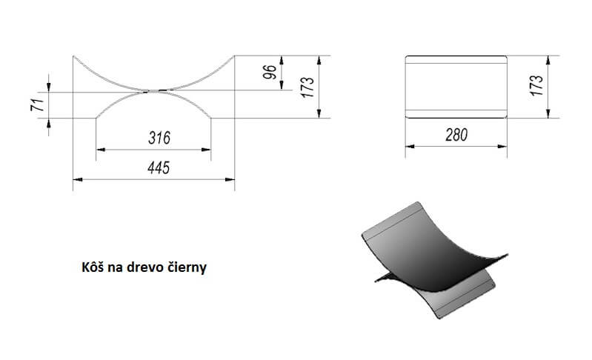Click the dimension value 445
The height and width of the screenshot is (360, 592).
(159, 167)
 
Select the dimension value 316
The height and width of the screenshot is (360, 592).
(159, 138)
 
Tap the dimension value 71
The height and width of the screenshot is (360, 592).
(37, 105)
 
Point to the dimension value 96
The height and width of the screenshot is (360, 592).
(270, 72)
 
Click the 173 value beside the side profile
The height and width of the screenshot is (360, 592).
(307, 87)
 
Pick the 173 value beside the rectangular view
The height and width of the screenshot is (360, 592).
(536, 85)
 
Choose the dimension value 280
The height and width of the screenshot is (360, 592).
(456, 135)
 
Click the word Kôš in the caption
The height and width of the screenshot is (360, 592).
(93, 267)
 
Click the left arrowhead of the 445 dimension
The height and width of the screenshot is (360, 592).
(77, 179)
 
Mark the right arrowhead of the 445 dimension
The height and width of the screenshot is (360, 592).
(230, 179)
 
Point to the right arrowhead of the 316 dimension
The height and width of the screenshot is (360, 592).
(206, 150)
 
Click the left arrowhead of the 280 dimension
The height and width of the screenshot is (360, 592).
(410, 147)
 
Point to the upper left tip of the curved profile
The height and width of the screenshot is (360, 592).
(73, 56)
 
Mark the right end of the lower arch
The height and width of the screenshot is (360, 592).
(210, 118)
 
